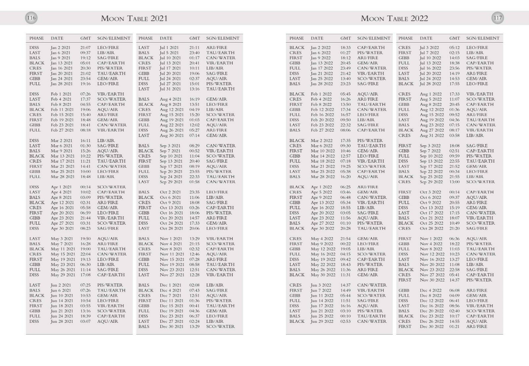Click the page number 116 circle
31,18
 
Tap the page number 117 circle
498,18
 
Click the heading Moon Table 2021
134,18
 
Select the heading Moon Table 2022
394,18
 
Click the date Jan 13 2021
62,63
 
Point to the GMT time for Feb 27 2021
85,130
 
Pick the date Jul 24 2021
170,79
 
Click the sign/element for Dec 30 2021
220,326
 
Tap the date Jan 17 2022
322,68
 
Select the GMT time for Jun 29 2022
346,321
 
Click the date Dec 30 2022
432,326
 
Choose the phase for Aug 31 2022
404,135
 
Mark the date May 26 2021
62,270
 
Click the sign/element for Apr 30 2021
108,228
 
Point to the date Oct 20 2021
171,218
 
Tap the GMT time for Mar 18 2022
346,161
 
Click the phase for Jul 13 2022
404,63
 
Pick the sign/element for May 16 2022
371,254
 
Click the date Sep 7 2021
170,151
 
